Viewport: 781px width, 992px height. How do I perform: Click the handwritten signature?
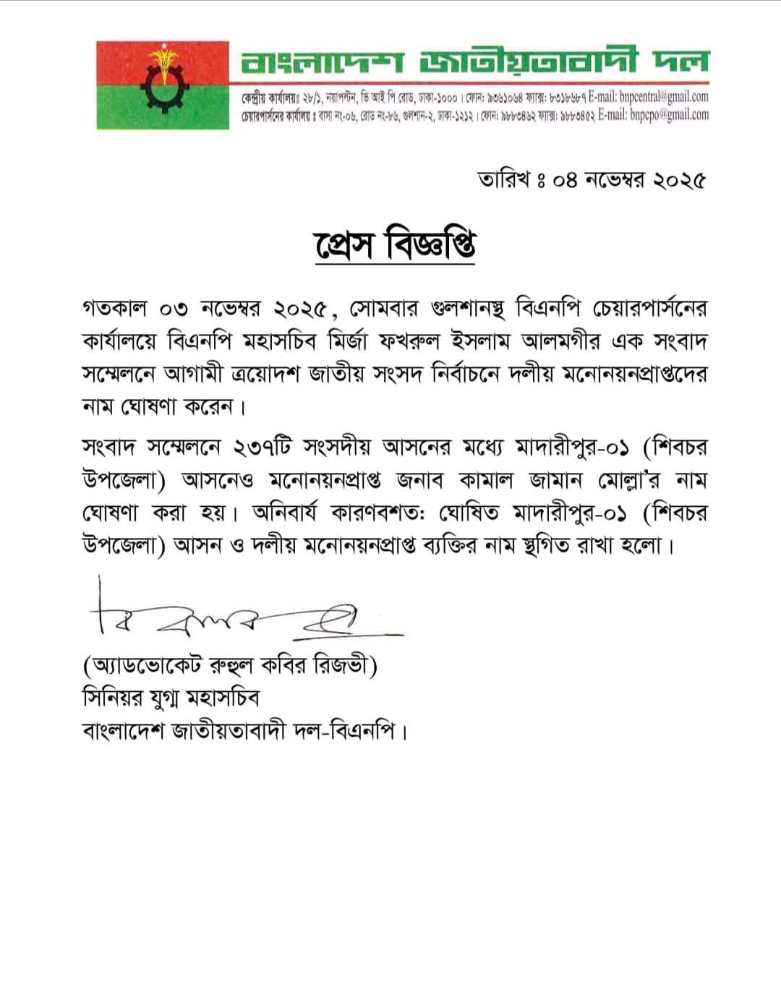239,615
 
